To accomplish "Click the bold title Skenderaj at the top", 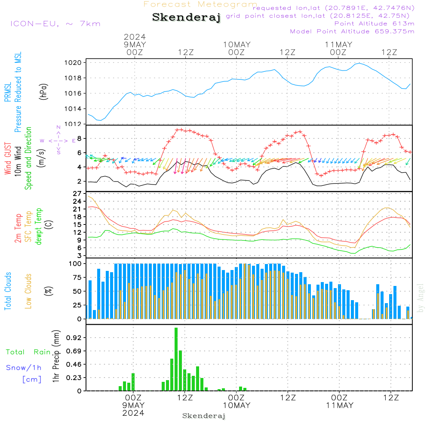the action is pos(186,18).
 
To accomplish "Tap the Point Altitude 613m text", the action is pos(374,24).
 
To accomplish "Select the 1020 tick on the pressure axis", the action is pos(73,63).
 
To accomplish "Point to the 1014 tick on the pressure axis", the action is pos(73,109).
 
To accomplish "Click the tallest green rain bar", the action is pos(176,359).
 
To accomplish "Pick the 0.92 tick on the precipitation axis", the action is pos(74,338).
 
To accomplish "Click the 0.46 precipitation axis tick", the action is pos(74,365).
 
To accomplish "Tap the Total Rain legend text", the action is pos(28,352).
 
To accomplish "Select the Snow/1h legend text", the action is pos(24,368).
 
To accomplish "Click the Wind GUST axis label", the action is pos(8,158).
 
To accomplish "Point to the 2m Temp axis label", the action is pos(18,228).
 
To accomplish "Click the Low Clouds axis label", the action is pos(28,291).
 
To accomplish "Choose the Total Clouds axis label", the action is pos(8,291).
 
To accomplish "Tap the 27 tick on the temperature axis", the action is pos(77,194).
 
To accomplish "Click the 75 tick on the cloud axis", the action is pos(77,277).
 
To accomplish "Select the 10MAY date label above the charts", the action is pos(236,45).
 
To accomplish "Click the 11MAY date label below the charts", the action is pos(340,405).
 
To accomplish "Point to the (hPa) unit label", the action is pos(43,92).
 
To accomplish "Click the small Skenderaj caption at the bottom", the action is pos(204,416).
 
